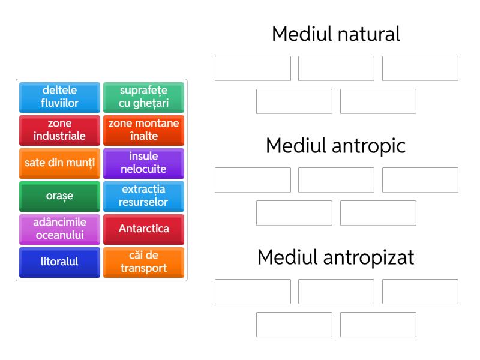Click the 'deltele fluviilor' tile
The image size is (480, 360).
coord(59,97)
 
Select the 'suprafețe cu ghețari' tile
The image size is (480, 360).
coord(143,97)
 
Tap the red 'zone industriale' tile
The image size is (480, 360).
coord(59,130)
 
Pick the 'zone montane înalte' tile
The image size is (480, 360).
coord(143,130)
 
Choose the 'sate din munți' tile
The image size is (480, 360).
coord(59,163)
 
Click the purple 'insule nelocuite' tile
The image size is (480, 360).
coord(143,163)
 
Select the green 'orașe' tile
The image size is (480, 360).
coord(59,196)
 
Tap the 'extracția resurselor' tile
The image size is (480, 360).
coord(143,196)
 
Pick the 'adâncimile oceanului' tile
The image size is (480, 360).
coord(59,229)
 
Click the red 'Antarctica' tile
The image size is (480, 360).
coord(143,229)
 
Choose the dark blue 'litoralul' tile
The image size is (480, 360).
coord(59,262)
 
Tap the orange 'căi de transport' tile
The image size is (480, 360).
coord(143,262)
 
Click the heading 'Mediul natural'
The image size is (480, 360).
coord(336,34)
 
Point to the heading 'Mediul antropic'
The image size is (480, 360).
coord(336,146)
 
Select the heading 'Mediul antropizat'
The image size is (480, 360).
coord(336,257)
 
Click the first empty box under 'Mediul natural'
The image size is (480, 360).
coord(253,68)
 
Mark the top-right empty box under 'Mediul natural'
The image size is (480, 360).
coord(420,68)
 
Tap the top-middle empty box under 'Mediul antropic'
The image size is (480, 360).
coord(336,180)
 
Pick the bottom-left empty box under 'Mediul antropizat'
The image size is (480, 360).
coord(294,325)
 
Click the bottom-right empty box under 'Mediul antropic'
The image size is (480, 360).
coord(378,213)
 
